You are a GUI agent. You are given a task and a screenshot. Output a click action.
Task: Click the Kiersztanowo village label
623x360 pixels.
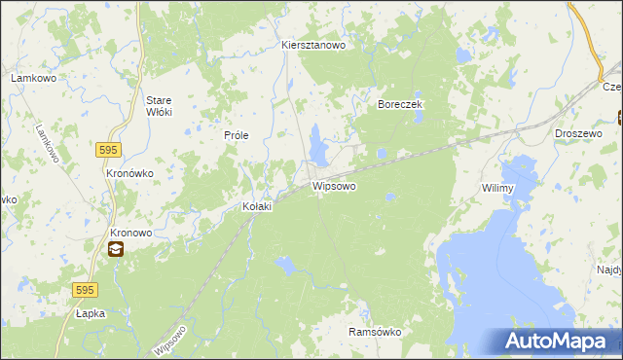pos(314,46)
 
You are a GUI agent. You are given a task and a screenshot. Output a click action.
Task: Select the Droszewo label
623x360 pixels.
pos(577,133)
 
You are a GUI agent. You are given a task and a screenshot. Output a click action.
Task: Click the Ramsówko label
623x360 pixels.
pos(375,332)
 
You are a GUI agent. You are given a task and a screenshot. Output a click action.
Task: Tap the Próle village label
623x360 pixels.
pos(238,135)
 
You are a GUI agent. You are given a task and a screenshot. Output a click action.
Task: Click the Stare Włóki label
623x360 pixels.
pos(159,106)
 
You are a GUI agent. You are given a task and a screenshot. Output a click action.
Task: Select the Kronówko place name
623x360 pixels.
pos(128,172)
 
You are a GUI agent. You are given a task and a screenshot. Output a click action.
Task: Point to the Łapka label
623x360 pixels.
pos(91,314)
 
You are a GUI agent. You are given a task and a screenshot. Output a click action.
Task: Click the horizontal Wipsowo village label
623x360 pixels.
pos(334,185)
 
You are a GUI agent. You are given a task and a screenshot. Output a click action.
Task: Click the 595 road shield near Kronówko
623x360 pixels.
pos(108,149)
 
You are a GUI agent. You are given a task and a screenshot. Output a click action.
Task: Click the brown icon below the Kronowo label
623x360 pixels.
pos(116,250)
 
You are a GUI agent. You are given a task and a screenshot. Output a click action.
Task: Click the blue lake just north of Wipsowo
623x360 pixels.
pos(318,145)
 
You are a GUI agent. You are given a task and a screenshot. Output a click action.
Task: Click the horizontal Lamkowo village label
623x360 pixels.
pos(31,77)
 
